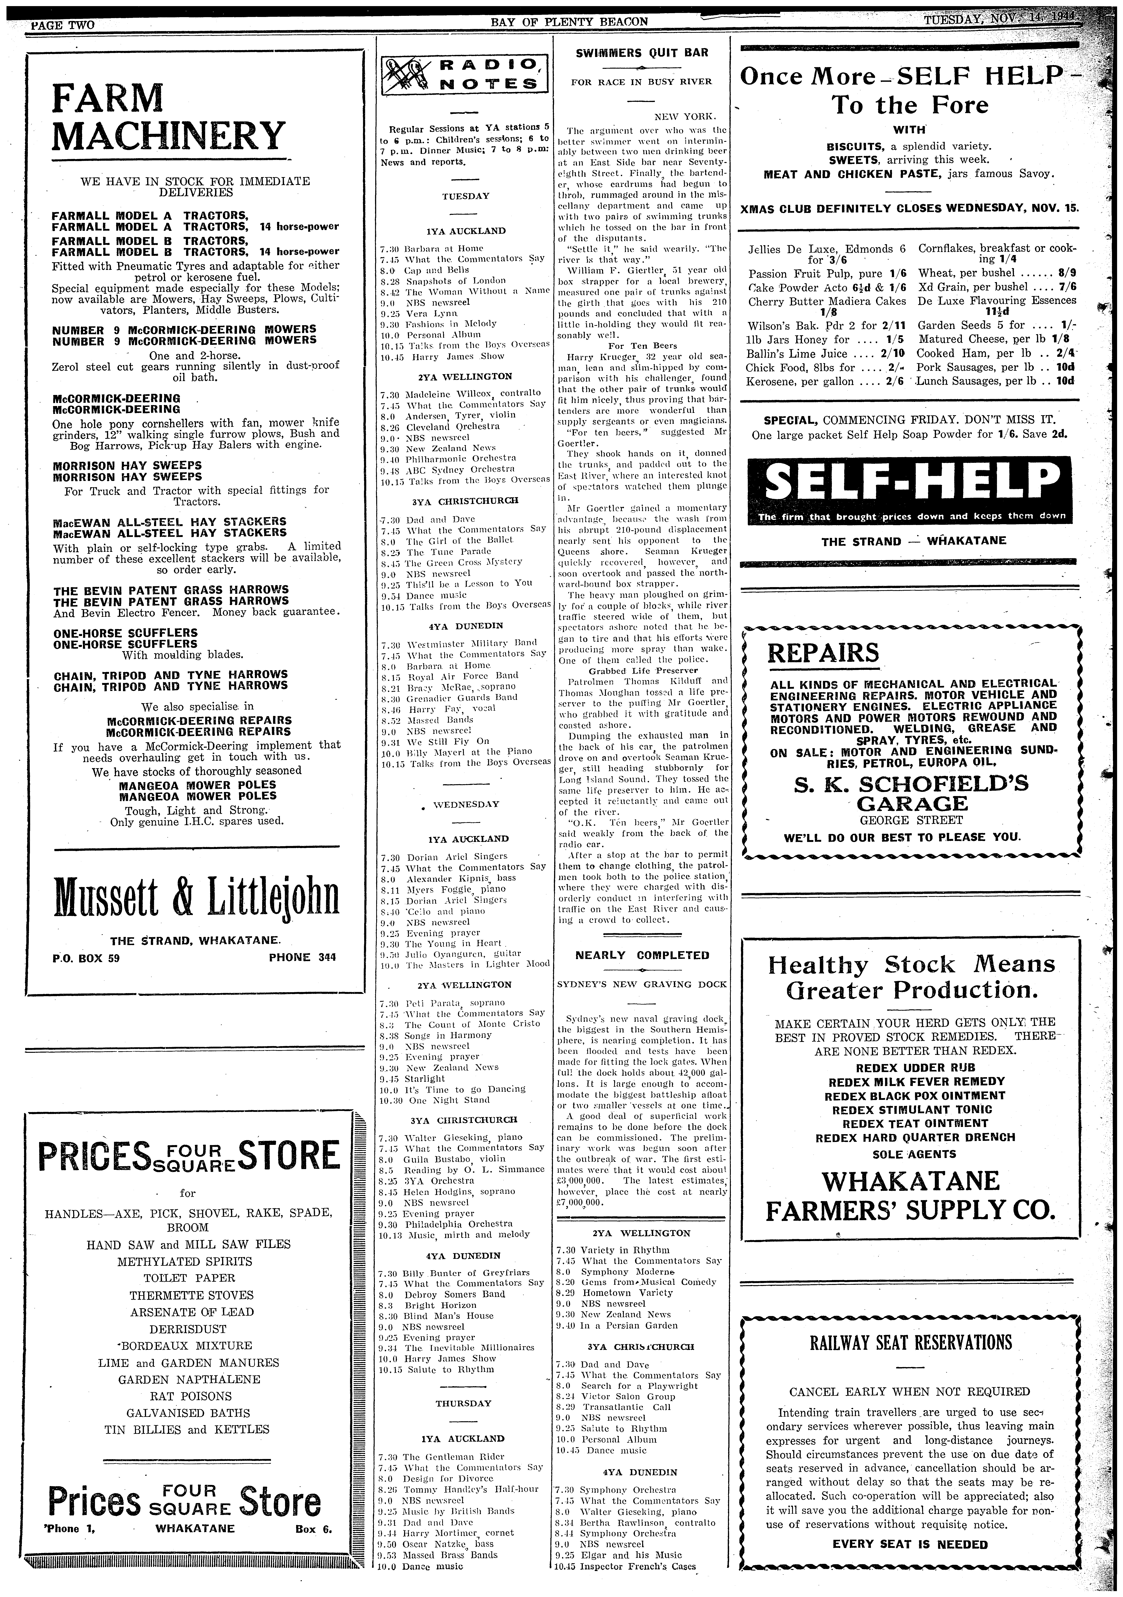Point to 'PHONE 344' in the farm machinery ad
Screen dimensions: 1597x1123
point(302,957)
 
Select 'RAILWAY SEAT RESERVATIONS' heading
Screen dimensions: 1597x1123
point(909,1342)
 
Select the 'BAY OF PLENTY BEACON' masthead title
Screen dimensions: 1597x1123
point(569,22)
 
